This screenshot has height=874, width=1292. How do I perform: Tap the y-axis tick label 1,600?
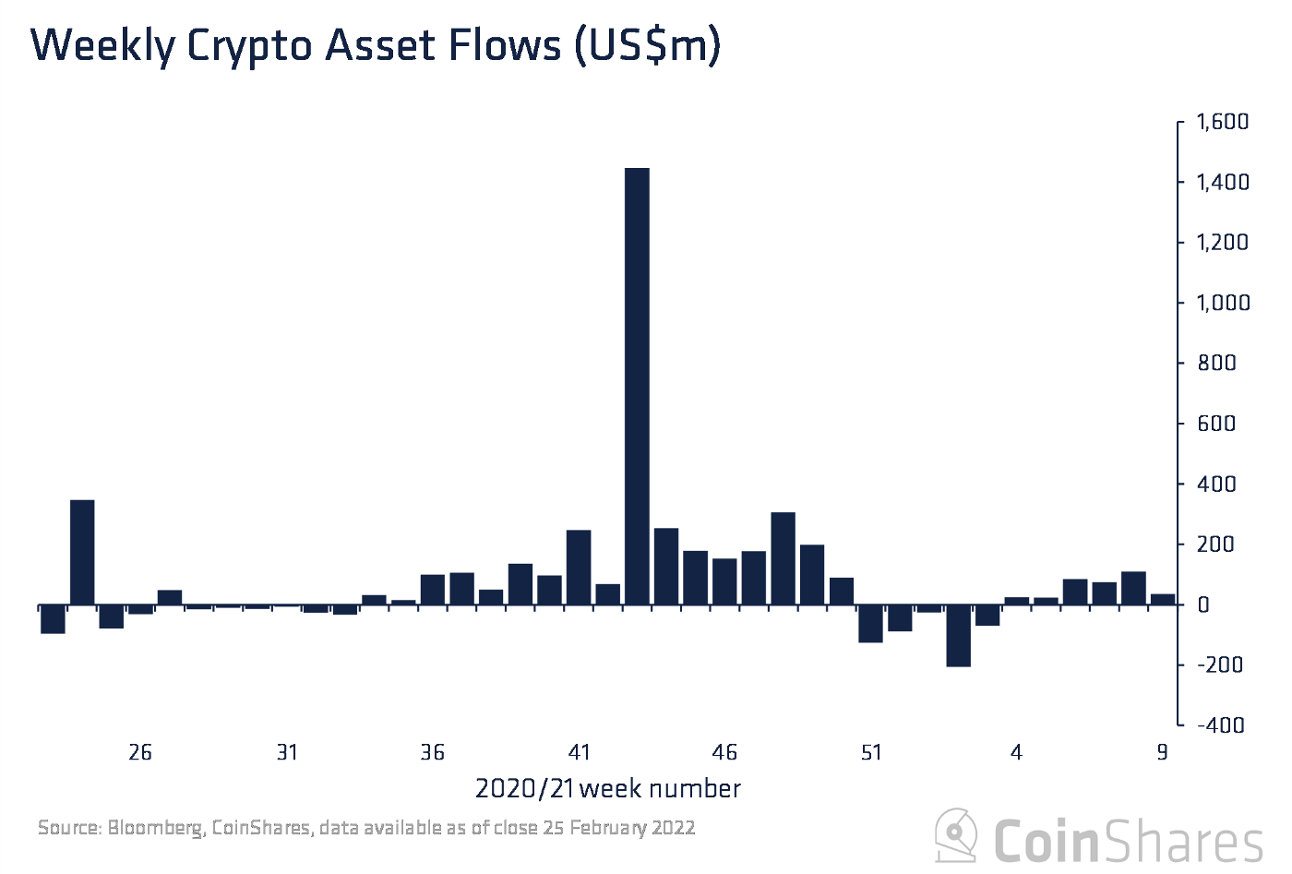click(x=1222, y=122)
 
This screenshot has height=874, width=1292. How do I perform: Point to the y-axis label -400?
click(x=1220, y=725)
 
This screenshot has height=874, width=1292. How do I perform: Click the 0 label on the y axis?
click(x=1203, y=605)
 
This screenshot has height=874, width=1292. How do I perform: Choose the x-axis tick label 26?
click(x=140, y=753)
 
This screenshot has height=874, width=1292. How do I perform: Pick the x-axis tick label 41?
click(x=579, y=753)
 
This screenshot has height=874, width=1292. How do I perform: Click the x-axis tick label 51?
click(x=871, y=753)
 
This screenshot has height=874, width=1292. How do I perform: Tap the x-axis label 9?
click(x=1162, y=753)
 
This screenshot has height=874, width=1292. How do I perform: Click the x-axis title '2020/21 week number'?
click(x=607, y=789)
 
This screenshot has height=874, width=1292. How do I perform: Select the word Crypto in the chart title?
click(x=249, y=46)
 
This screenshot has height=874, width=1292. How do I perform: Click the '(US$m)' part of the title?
click(x=647, y=46)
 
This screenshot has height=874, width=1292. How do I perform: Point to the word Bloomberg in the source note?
click(x=155, y=828)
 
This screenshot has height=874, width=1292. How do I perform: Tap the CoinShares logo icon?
click(x=956, y=836)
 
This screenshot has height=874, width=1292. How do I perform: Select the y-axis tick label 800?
click(x=1215, y=364)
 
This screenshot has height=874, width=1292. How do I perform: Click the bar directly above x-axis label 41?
click(x=579, y=568)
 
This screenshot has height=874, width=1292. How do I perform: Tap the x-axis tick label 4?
click(x=1016, y=753)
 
